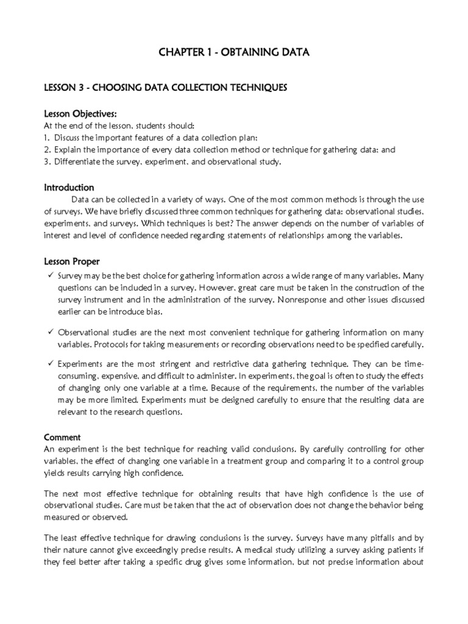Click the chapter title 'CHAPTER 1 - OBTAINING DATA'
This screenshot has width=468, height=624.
233,53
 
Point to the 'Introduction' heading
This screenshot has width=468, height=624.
69,188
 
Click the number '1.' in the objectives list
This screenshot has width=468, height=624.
48,138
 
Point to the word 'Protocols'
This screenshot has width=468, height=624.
114,344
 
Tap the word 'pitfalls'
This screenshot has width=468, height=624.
372,537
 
